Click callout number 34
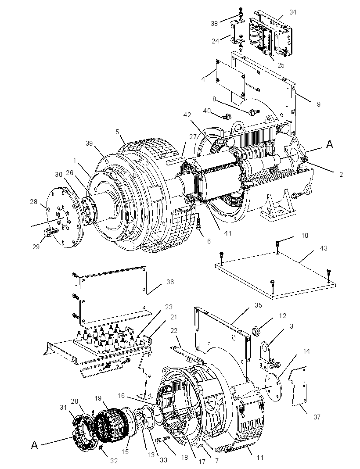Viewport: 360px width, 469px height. [x=293, y=12]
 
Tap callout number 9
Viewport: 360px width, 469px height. [x=319, y=104]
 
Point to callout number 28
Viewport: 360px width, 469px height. [x=34, y=202]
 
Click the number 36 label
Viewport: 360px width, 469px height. [x=169, y=282]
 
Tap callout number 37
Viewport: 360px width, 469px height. [x=317, y=417]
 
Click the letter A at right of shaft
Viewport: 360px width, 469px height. [x=329, y=145]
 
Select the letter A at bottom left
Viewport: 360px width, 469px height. [x=34, y=445]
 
